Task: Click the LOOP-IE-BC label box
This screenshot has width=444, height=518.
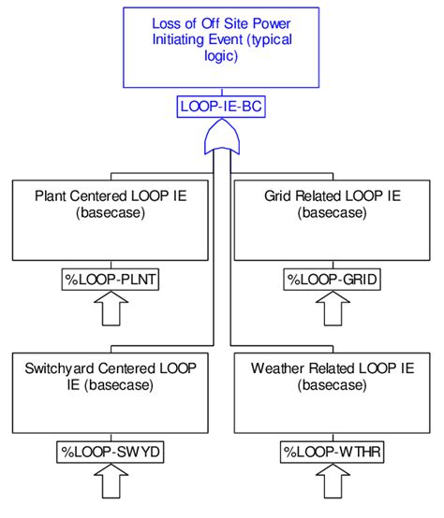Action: click(x=221, y=108)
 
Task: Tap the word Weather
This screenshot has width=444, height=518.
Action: click(x=279, y=368)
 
